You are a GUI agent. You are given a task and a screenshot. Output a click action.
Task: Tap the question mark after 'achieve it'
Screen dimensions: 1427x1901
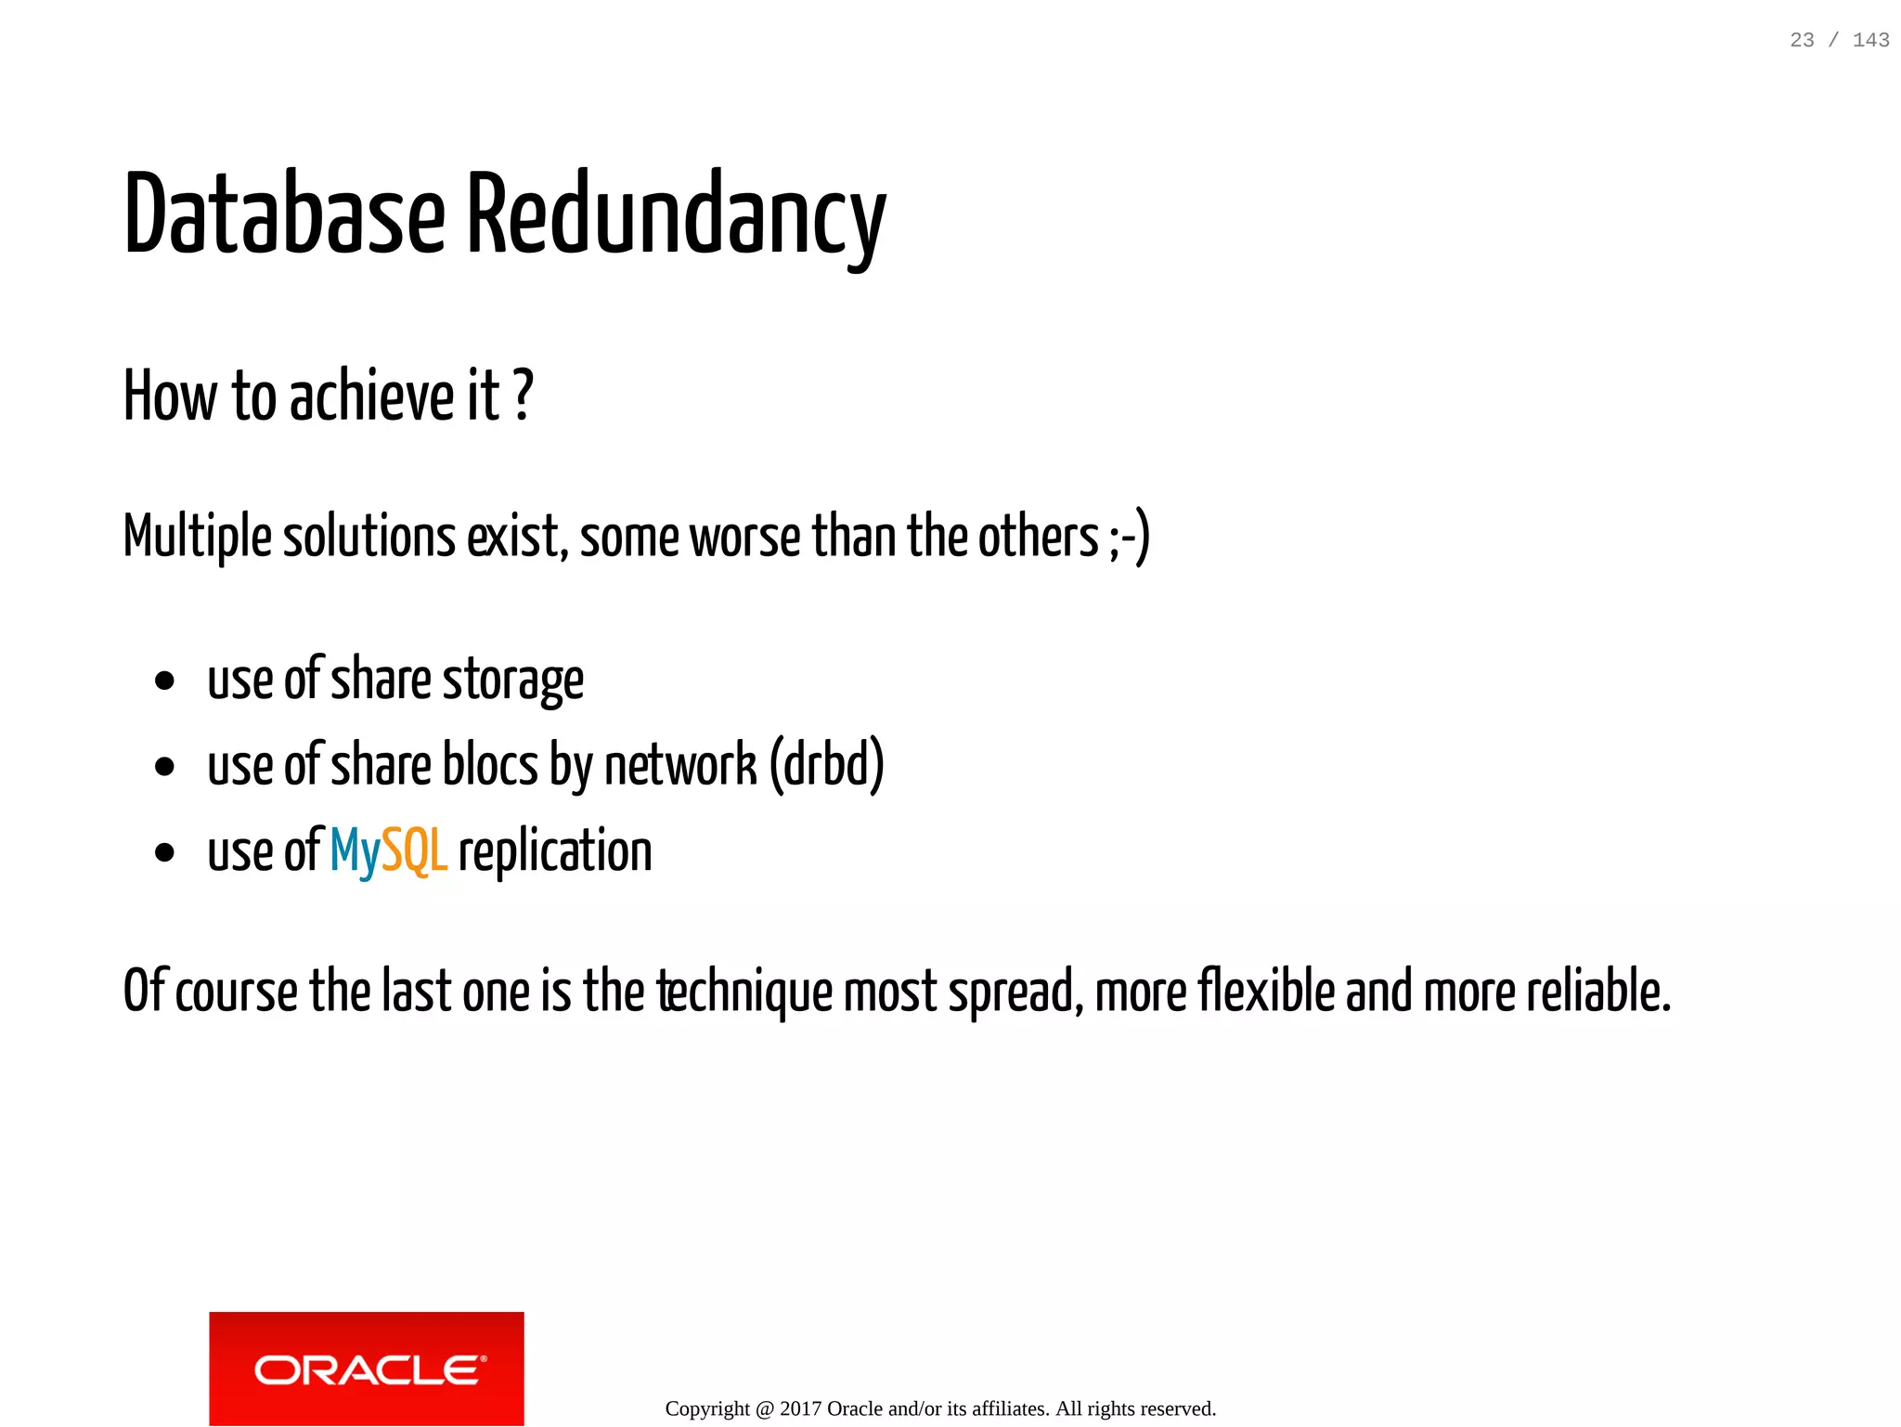tap(524, 396)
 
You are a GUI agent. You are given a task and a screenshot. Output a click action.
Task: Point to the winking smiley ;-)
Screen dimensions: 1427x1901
tap(1129, 538)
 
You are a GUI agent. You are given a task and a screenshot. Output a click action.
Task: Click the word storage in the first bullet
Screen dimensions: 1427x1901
tap(512, 681)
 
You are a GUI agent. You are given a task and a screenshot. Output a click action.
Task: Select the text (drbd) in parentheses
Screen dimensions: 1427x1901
tap(826, 765)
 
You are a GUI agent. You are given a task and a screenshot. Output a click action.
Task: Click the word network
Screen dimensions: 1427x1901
tap(680, 765)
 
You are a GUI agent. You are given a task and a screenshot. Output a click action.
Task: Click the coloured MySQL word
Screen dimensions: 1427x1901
tap(389, 851)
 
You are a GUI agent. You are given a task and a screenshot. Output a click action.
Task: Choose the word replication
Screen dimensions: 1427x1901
tap(555, 851)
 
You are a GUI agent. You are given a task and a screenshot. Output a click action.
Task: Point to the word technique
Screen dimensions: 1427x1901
tap(745, 992)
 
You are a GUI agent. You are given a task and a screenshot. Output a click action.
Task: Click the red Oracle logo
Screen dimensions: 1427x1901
tap(367, 1368)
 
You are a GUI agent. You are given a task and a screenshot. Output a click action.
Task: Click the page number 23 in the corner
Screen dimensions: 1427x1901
tap(1802, 40)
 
